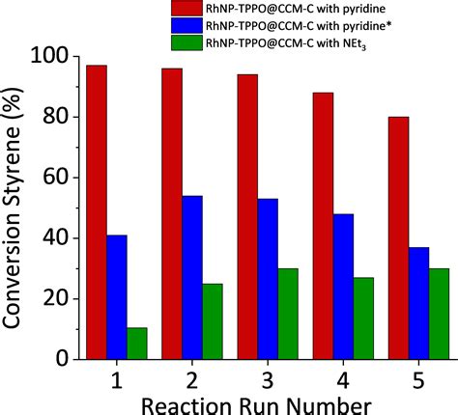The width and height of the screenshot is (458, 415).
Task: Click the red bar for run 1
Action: pos(95,212)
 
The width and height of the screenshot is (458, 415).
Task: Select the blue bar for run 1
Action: pos(116,296)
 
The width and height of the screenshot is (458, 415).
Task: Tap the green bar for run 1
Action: pos(137,343)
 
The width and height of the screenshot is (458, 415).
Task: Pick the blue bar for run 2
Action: pos(191,277)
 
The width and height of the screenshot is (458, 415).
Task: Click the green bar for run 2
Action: pos(213,320)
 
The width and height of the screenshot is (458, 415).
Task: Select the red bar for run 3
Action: pos(246,216)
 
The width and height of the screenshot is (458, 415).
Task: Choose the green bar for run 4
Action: pos(364,318)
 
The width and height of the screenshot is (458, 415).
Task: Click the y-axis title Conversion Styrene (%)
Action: pos(16,207)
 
